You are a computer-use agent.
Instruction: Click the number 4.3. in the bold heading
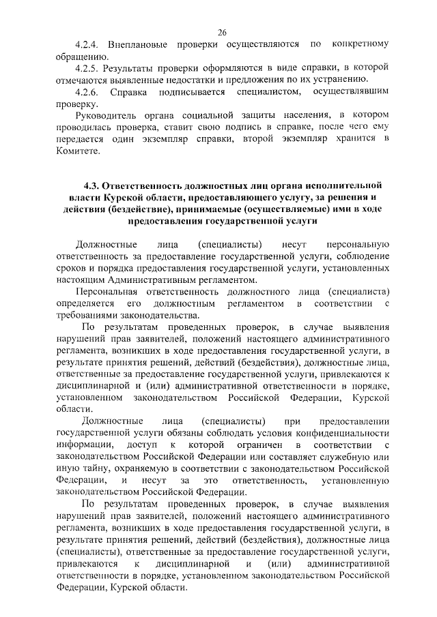coord(95,185)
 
